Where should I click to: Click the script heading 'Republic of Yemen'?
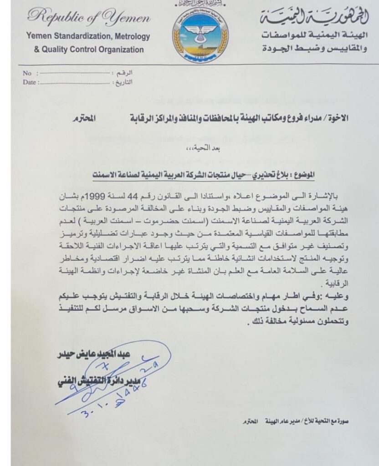(89, 18)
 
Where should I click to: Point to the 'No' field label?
(27, 73)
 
